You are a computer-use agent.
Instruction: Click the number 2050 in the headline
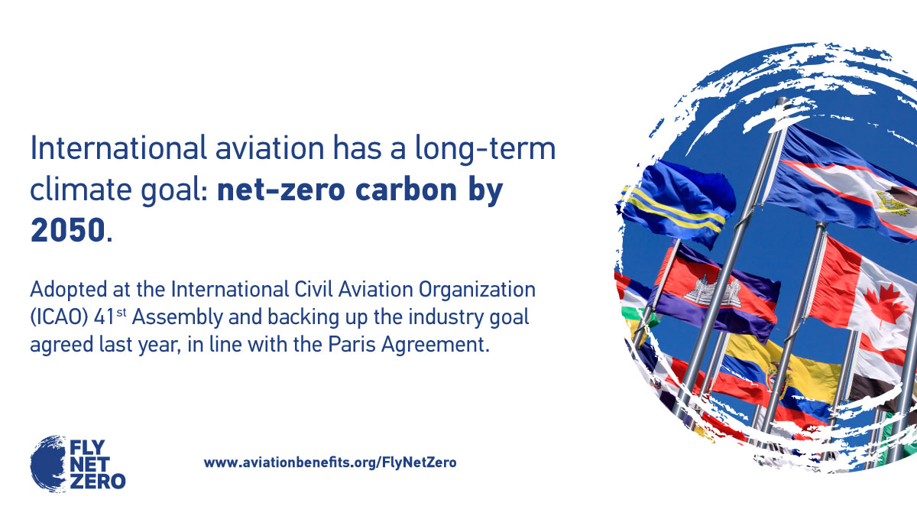[66, 230]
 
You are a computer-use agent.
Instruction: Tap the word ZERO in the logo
[97, 481]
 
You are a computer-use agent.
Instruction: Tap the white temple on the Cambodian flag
[712, 290]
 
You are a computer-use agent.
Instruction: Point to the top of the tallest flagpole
[781, 101]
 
